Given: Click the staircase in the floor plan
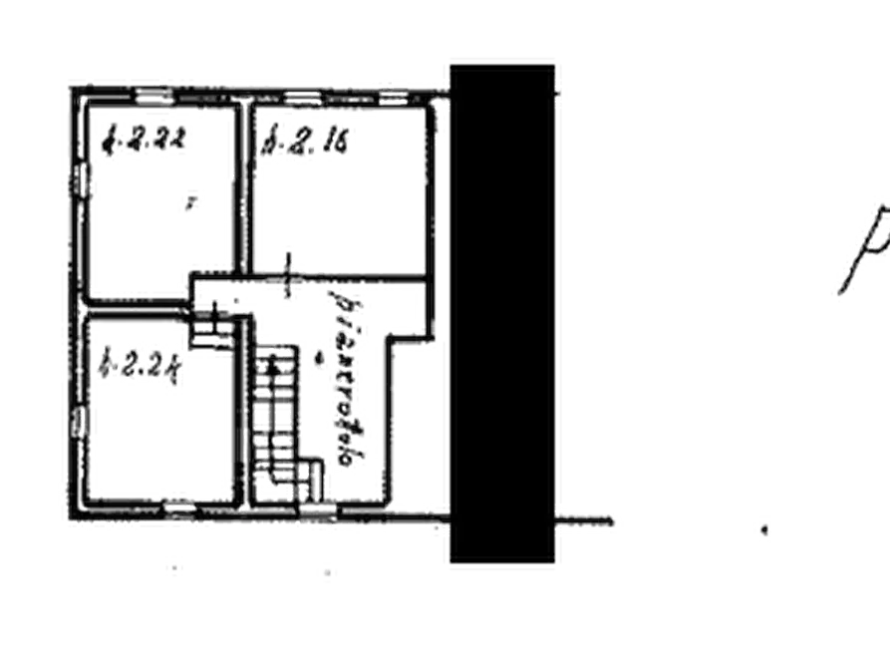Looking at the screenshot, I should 279,424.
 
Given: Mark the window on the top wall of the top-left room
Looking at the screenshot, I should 151,96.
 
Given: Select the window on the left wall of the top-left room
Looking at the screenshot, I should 80,185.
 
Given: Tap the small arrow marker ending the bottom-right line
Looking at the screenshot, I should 765,529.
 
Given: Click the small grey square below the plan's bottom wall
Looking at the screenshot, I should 170,563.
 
